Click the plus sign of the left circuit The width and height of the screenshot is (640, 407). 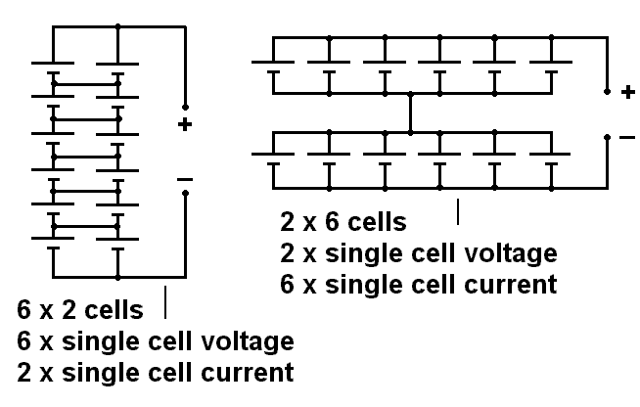(184, 124)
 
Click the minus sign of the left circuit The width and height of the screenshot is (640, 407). (184, 179)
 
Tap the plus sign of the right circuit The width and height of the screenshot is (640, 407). (627, 92)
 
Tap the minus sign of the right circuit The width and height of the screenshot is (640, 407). (627, 138)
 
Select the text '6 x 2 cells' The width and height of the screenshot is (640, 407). (80, 311)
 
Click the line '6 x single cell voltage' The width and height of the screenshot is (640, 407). (155, 341)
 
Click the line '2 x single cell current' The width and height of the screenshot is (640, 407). (155, 373)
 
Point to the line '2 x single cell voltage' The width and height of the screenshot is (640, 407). (418, 253)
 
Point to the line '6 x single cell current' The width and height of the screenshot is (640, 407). (418, 285)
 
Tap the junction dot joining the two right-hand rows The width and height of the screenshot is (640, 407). (411, 131)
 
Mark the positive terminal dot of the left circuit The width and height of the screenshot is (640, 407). (184, 106)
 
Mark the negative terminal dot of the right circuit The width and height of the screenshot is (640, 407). (608, 137)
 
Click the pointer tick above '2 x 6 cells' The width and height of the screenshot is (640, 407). (458, 209)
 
